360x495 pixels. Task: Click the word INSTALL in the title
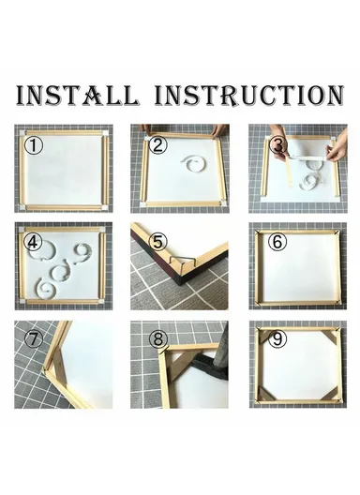coord(78,96)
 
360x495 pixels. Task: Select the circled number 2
coord(157,144)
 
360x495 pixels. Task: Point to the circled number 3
coord(277,146)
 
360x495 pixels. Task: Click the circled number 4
coord(35,242)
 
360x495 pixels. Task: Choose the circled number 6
coord(277,241)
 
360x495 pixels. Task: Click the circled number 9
coord(277,338)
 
